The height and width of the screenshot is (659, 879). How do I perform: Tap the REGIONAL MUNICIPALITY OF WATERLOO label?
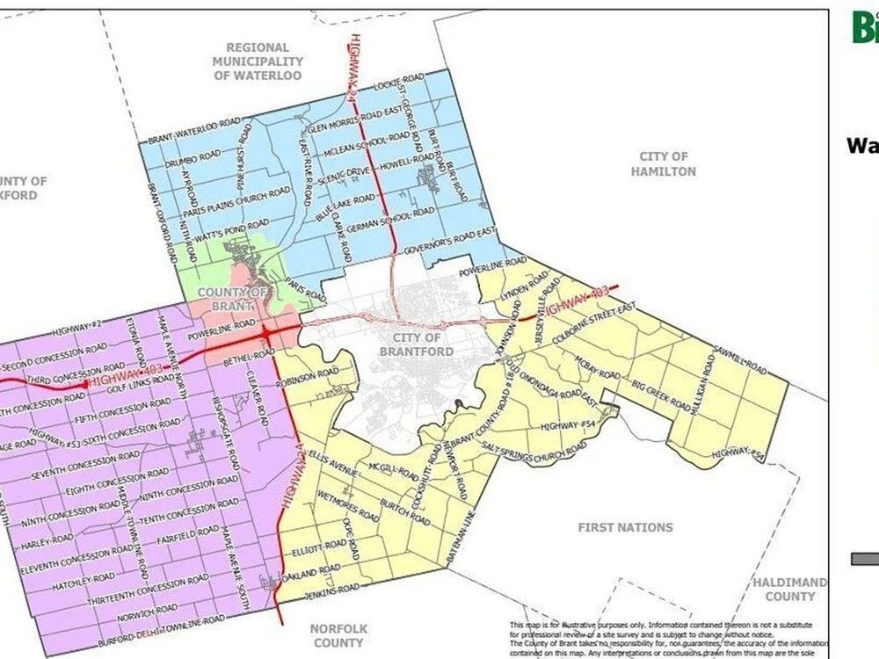tap(258, 62)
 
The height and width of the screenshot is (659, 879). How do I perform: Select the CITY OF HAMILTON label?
tap(663, 163)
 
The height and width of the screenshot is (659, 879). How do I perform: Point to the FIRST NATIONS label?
tap(625, 527)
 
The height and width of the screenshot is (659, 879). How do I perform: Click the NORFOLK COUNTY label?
tap(338, 635)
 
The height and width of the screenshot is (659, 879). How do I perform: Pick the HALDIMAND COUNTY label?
tap(788, 590)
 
